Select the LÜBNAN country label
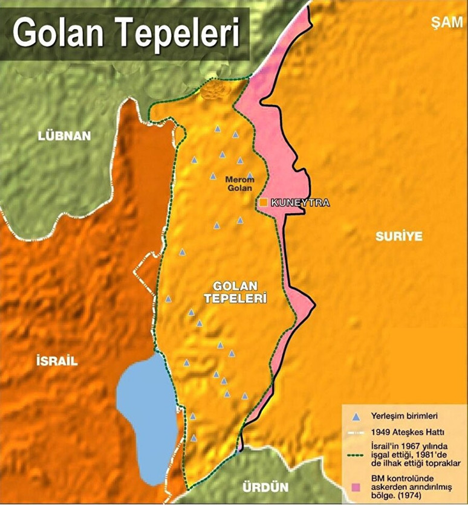point(64,135)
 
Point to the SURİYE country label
point(398,236)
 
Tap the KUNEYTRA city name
point(300,203)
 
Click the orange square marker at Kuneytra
point(264,203)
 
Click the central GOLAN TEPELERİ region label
point(240,292)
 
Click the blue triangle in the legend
point(357,416)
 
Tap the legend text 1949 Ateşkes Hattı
point(409,432)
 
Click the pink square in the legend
point(357,487)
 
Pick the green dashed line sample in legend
point(357,454)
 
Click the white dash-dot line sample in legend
point(357,433)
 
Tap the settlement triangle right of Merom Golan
point(250,176)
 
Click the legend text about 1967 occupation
point(415,454)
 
